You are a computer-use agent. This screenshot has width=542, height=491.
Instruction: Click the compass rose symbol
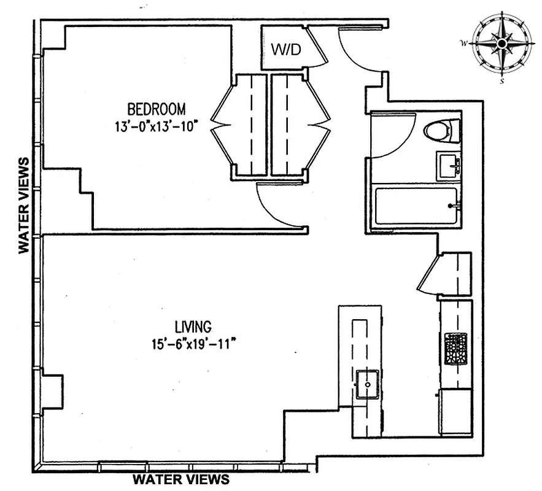tap(501, 44)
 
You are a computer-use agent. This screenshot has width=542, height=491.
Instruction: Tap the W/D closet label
tap(287, 50)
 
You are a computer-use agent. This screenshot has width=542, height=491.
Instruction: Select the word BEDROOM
tap(156, 109)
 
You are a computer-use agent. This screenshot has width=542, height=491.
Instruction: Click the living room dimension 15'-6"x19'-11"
tap(193, 344)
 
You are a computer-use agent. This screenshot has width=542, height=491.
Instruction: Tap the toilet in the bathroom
tap(441, 131)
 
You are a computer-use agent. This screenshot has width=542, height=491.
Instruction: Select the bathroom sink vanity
tap(449, 166)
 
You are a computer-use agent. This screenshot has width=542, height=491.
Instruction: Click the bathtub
tap(416, 206)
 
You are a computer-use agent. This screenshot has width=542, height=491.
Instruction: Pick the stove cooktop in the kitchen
tap(455, 348)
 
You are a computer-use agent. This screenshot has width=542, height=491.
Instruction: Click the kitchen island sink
tap(368, 384)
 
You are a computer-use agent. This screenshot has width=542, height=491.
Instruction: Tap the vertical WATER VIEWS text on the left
tap(24, 205)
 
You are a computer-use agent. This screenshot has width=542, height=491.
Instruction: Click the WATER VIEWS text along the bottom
tap(182, 479)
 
